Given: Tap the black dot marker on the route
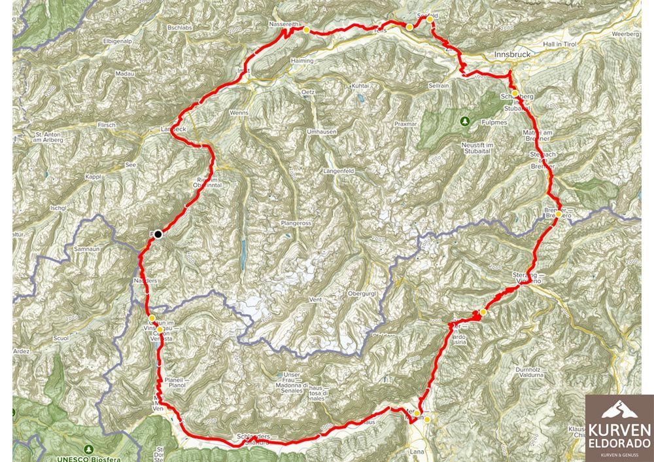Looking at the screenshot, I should click(158, 234).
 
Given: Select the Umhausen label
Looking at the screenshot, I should click(322, 132).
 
